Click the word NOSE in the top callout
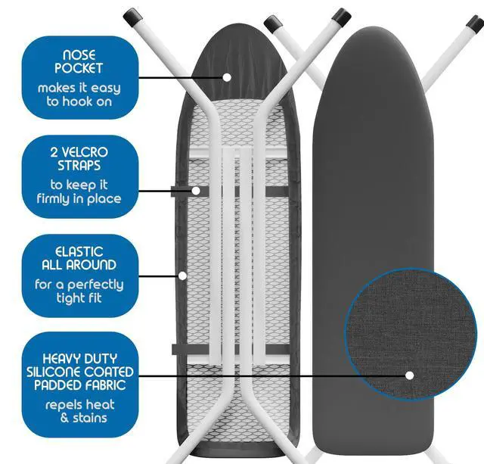79,54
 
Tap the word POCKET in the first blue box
79,68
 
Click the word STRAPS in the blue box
79,165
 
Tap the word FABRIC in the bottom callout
104,385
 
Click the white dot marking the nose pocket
226,76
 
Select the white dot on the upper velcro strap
196,191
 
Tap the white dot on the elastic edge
182,275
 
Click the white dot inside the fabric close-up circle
409,375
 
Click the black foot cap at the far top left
134,14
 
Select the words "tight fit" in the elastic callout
79,299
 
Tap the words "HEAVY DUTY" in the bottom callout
79,358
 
